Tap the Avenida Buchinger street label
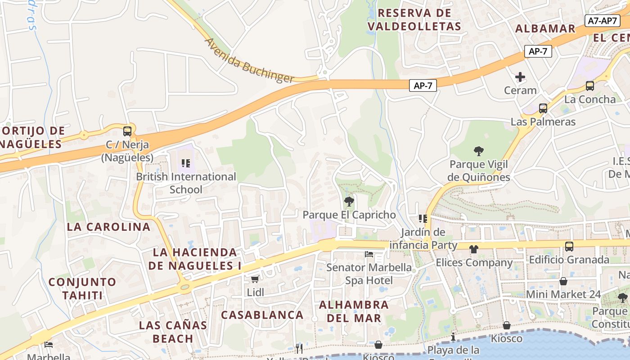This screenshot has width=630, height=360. [x=249, y=60]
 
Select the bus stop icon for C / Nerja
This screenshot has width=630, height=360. [x=127, y=131]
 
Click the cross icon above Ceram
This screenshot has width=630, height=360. [x=520, y=77]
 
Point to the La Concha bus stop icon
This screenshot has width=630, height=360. [x=589, y=86]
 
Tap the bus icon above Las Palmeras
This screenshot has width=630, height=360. [x=543, y=108]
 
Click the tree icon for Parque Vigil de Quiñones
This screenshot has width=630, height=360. [x=479, y=151]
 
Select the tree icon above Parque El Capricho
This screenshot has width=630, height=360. [x=349, y=202]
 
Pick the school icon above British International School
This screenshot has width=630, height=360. [x=185, y=163]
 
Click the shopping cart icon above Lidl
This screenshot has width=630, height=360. [x=255, y=279]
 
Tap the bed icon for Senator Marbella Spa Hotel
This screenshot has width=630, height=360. [x=369, y=254]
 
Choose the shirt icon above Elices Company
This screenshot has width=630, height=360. [x=473, y=249]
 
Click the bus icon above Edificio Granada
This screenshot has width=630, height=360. [x=569, y=247]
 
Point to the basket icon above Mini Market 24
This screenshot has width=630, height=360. [x=563, y=282]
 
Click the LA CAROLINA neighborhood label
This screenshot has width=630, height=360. [x=108, y=227]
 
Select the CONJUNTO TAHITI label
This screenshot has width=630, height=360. [x=82, y=288]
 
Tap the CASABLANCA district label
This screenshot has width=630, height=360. [x=262, y=315]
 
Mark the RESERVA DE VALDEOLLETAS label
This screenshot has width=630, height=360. [x=414, y=19]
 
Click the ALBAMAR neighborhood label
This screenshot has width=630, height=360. [x=545, y=29]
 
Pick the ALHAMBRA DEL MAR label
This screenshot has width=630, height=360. [x=354, y=311]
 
